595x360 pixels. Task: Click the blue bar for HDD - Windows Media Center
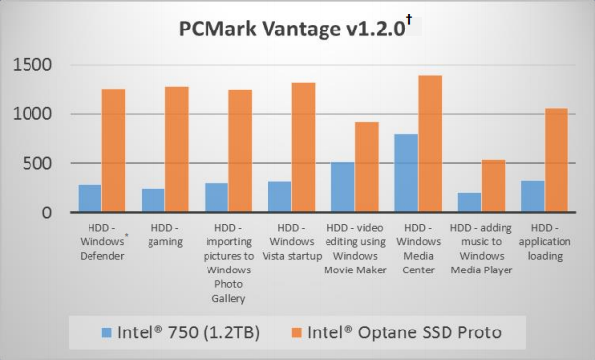[x=406, y=173]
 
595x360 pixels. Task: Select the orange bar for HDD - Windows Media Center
[x=430, y=144]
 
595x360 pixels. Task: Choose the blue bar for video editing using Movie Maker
[x=342, y=187]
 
